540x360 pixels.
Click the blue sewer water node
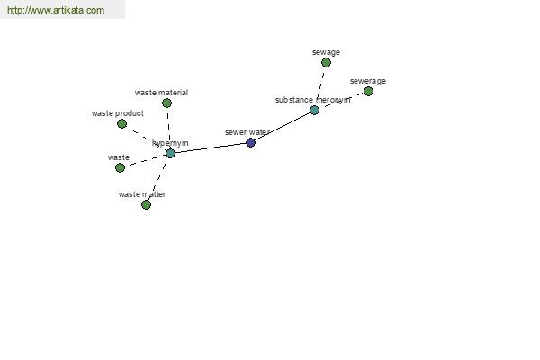point(251,142)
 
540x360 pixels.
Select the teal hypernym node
point(170,153)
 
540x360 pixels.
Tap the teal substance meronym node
point(314,110)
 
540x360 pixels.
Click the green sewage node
point(326,62)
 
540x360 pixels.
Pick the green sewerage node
point(368,91)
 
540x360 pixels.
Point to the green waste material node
point(167,103)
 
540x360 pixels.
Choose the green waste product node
point(121,123)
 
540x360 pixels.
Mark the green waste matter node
point(146,204)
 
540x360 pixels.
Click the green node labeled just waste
point(121,167)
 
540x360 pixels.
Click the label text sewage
point(326,52)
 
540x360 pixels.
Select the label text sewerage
point(368,81)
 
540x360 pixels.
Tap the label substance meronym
point(312,100)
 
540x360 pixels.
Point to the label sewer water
point(247,132)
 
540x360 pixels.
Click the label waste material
point(161,93)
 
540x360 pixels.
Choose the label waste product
point(118,113)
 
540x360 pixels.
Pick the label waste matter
point(142,194)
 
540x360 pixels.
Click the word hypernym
point(170,143)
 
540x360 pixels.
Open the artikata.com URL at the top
point(56,10)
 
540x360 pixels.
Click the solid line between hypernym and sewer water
point(211,148)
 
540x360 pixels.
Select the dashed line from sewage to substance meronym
point(320,85)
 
